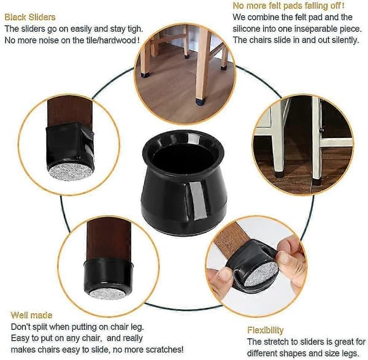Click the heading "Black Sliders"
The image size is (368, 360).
(x=30, y=17)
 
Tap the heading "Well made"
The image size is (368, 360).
(x=31, y=315)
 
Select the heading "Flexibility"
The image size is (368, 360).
(x=266, y=330)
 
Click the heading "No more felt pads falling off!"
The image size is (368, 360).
(x=288, y=6)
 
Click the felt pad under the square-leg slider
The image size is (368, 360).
(x=70, y=172)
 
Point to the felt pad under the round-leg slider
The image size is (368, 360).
(x=108, y=294)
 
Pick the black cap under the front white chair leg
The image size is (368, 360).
(x=278, y=174)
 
